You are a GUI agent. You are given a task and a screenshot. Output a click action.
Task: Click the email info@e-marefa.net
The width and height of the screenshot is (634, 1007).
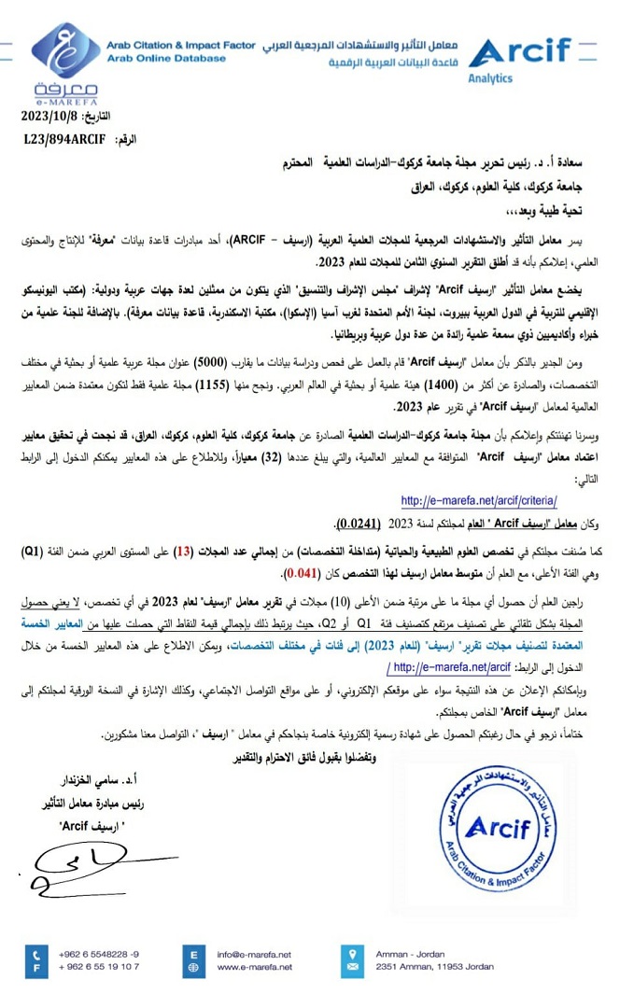tap(254, 954)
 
